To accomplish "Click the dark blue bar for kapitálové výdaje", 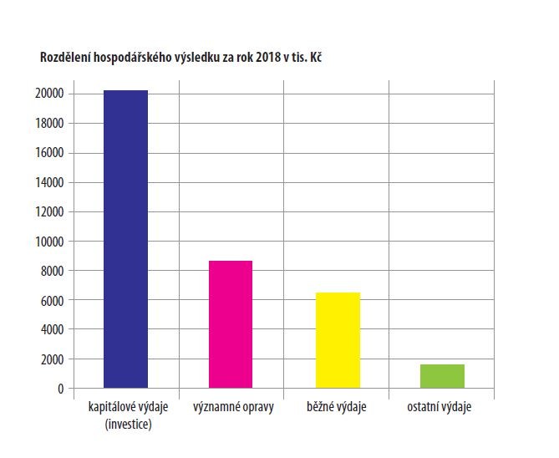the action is (x=125, y=239).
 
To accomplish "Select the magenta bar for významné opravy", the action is (x=231, y=324).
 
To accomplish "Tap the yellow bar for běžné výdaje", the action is (x=338, y=340).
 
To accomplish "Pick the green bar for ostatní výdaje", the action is (x=442, y=376).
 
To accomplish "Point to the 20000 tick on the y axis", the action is (x=49, y=94).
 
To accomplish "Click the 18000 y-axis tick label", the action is (x=49, y=124).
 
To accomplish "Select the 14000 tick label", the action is (x=49, y=183).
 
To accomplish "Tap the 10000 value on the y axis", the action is (x=49, y=242).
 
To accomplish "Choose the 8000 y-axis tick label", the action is (x=52, y=271).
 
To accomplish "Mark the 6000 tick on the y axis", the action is (x=52, y=301).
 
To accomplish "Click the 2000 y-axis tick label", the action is (x=52, y=359).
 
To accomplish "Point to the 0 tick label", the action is (x=61, y=389).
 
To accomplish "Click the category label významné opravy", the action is (x=233, y=407).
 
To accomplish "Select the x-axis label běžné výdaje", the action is (x=337, y=407).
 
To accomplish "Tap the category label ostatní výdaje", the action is (x=440, y=407).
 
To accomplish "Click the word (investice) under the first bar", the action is (x=129, y=425).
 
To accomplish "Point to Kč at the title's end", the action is (x=316, y=57).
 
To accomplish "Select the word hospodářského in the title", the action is (x=132, y=58).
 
